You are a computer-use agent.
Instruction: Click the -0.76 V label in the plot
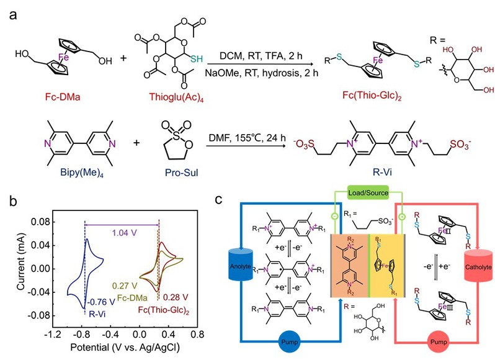[97, 304]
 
